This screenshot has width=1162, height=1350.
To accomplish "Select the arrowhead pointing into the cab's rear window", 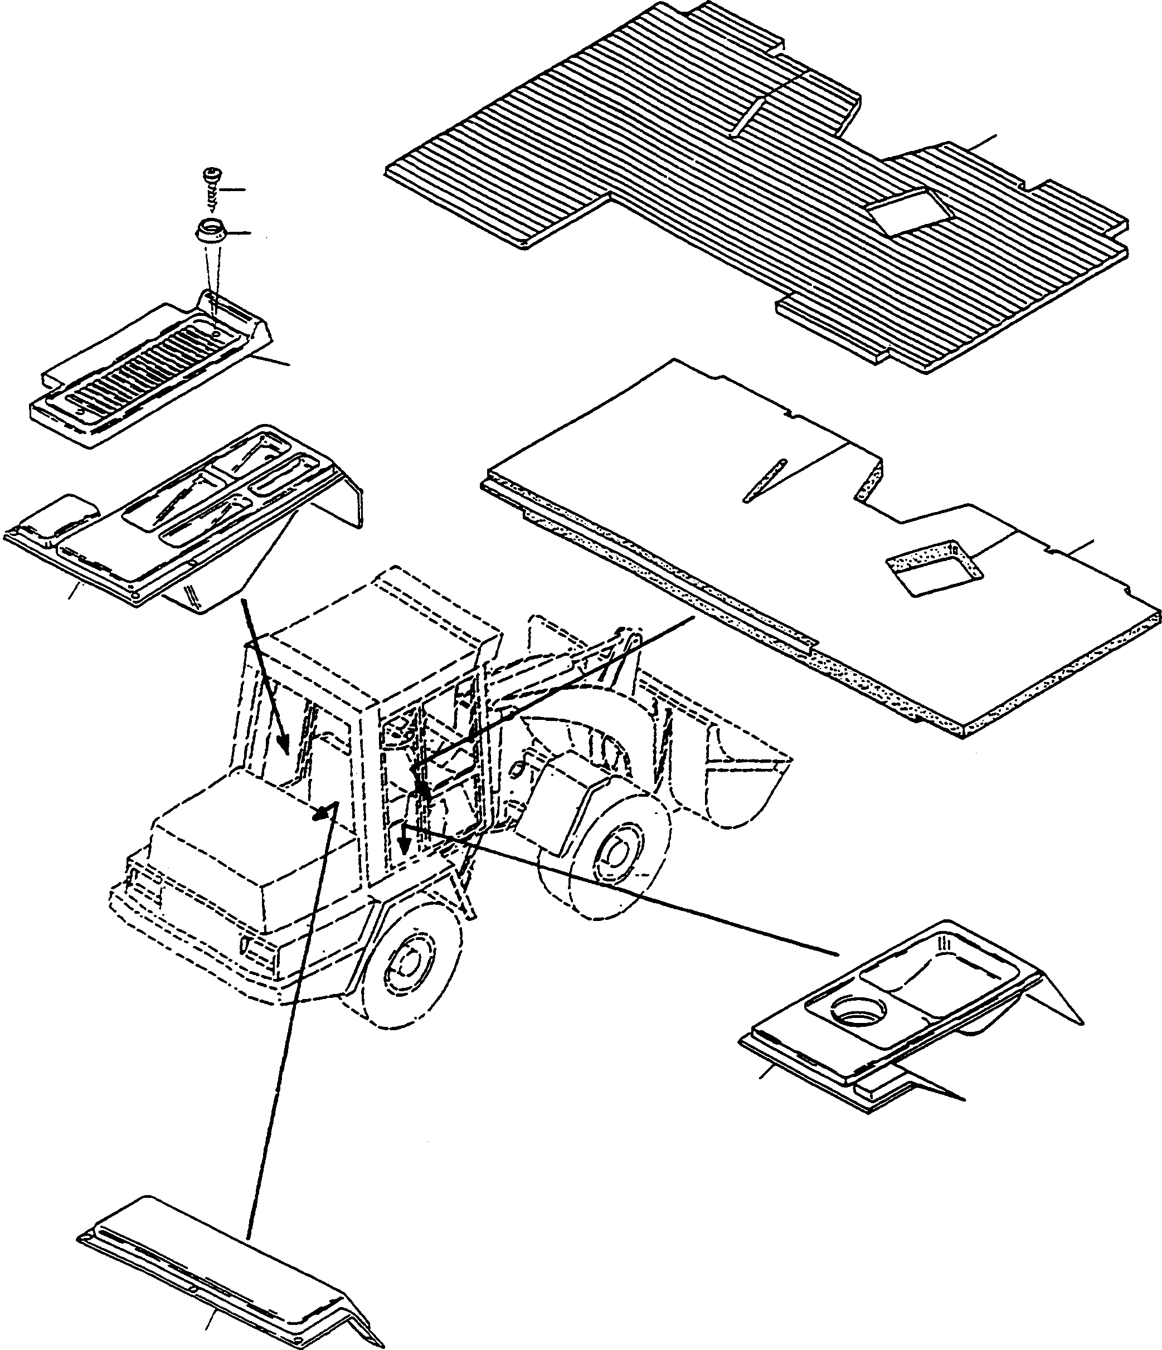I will point(283,743).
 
